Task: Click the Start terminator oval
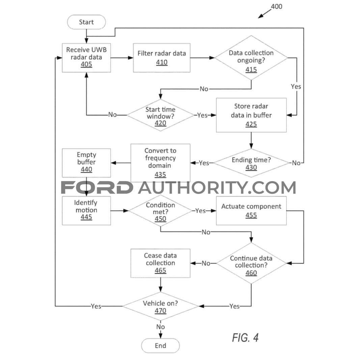click(x=86, y=22)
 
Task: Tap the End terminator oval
click(x=161, y=345)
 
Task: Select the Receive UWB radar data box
click(x=86, y=58)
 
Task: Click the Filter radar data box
click(x=162, y=58)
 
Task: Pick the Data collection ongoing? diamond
click(x=251, y=58)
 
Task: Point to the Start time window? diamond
click(x=161, y=115)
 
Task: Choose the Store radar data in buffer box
click(x=251, y=115)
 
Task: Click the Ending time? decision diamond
click(x=251, y=163)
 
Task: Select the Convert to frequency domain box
click(x=161, y=163)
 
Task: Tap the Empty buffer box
click(x=86, y=163)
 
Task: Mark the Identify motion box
click(x=86, y=211)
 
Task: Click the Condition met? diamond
click(x=161, y=211)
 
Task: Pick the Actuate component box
click(x=251, y=211)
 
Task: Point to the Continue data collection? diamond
click(x=251, y=263)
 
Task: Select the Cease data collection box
click(x=161, y=263)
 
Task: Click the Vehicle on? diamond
click(x=161, y=306)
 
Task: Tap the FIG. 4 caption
click(x=245, y=338)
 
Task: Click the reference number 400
click(x=276, y=6)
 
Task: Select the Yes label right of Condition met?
click(x=200, y=211)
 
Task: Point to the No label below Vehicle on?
click(x=161, y=327)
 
